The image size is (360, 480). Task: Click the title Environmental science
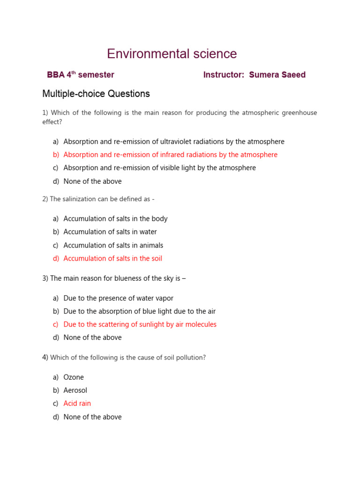tap(172, 54)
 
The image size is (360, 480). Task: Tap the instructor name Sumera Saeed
tap(277, 75)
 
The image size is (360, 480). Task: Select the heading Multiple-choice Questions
tap(96, 94)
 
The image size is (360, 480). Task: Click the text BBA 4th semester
tap(81, 75)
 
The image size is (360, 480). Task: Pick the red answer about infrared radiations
tap(170, 155)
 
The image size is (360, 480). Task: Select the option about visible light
tap(159, 168)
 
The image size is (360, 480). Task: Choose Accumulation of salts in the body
tap(115, 219)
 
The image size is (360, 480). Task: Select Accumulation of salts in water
tap(110, 232)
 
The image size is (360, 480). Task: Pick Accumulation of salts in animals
tap(113, 245)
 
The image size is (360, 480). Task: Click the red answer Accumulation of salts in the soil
tap(112, 258)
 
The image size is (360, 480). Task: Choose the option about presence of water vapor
tap(118, 298)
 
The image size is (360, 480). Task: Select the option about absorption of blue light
tap(139, 311)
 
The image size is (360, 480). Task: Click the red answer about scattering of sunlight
tap(140, 324)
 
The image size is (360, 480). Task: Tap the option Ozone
tap(74, 377)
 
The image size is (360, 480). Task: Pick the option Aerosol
tap(75, 390)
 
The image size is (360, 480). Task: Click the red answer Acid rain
tap(77, 404)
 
